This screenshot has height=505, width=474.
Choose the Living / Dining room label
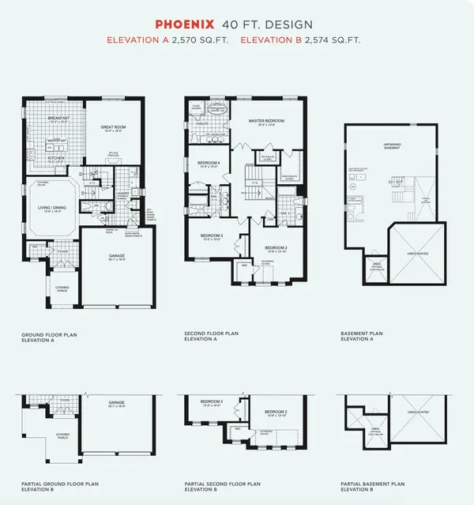point(50,208)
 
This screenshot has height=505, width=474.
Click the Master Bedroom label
point(266,122)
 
